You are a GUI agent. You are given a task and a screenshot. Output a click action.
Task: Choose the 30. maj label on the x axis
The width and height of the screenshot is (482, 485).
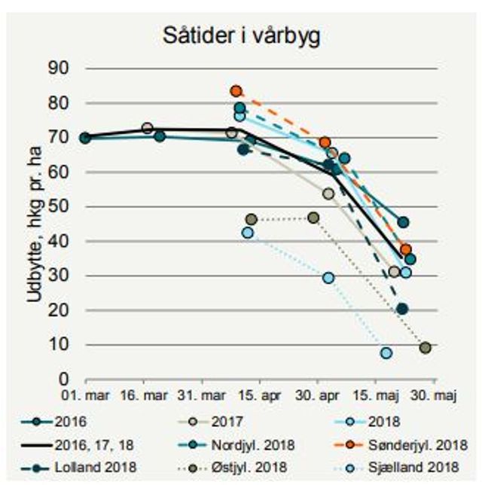click(x=438, y=395)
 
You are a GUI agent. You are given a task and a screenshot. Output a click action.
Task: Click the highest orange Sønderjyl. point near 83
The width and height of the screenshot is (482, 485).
click(x=236, y=91)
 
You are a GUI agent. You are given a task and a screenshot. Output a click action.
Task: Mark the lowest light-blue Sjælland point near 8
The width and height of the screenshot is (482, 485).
click(x=386, y=353)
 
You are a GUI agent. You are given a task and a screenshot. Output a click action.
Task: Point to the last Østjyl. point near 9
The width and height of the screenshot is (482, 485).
click(x=426, y=348)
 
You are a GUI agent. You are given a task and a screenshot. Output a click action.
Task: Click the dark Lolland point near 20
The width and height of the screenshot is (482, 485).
click(x=402, y=309)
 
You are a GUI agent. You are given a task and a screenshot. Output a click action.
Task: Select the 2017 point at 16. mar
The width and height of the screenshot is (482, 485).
click(x=148, y=128)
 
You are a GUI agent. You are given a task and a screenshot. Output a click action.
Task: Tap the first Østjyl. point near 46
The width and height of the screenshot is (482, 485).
click(x=252, y=219)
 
